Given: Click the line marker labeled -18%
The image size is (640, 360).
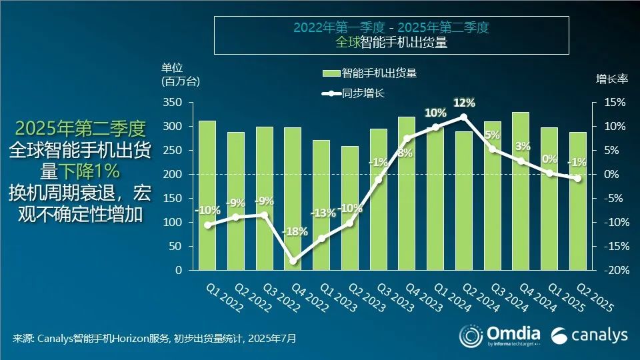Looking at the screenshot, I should coord(293,261).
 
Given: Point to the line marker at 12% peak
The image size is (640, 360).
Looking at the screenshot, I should coord(464,117).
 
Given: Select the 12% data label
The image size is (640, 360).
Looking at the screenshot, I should coord(464,103).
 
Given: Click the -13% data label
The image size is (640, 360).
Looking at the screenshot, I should coord(322,213).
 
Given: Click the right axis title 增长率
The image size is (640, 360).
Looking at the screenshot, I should coord(611,79).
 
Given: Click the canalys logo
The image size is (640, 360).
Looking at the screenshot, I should coord(589,334).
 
